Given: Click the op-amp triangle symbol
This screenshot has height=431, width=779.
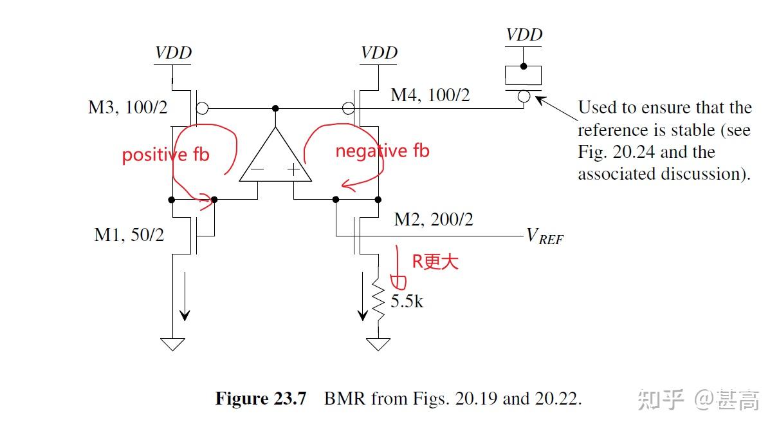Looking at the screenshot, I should click(x=275, y=158).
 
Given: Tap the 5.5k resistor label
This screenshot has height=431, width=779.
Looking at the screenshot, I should click(x=407, y=300).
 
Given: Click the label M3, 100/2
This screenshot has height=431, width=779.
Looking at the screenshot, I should click(x=127, y=107).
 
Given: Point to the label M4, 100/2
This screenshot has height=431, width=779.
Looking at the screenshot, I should click(x=430, y=95).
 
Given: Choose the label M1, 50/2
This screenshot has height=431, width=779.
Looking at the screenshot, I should click(x=129, y=235).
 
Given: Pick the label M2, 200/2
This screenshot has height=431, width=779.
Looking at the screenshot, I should click(x=434, y=220).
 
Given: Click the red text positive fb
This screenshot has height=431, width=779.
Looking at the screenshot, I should click(x=165, y=155).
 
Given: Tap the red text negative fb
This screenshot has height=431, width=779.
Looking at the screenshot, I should click(x=382, y=151).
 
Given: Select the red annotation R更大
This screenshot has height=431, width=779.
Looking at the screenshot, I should click(x=435, y=261).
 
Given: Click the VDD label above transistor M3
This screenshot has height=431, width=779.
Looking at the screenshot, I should click(x=174, y=52).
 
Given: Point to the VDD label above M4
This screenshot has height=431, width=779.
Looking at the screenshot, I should click(x=379, y=52).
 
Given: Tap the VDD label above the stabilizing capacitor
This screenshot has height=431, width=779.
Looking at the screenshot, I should click(x=524, y=35).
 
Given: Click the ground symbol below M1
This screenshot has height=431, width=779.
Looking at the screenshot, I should click(x=172, y=345).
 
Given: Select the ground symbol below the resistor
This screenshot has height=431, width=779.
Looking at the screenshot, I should click(x=378, y=345).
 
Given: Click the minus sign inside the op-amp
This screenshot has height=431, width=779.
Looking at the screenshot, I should click(x=258, y=171).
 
